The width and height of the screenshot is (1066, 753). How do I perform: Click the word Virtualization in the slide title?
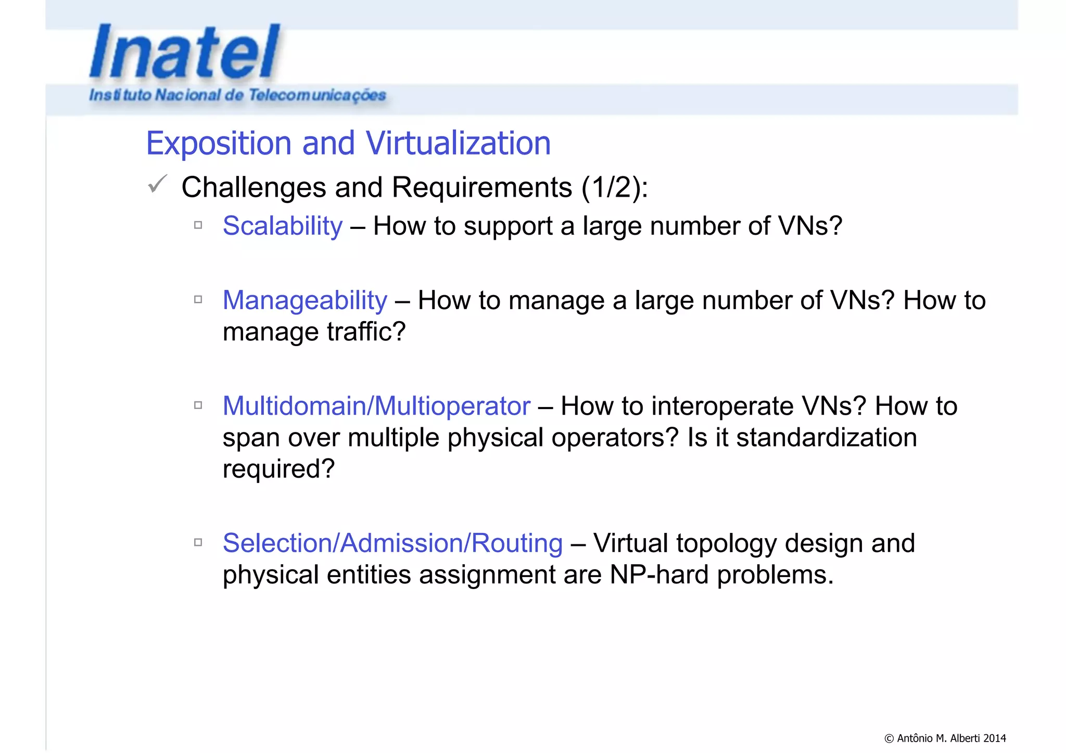point(458,143)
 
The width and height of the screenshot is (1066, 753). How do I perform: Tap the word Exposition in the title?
point(219,144)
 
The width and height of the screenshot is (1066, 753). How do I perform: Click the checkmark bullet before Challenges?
point(157,184)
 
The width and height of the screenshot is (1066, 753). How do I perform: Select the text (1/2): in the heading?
point(615,187)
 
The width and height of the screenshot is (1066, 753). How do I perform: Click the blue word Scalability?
point(283,226)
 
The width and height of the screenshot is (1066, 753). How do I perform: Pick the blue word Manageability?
point(305,301)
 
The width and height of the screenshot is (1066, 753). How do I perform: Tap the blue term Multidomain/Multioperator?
point(376,406)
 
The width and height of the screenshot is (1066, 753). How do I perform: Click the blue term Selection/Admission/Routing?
point(392,543)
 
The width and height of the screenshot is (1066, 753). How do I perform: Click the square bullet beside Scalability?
point(198,225)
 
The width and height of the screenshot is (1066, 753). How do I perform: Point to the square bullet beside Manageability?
point(198,300)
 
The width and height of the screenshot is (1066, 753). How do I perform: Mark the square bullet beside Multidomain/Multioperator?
point(198,405)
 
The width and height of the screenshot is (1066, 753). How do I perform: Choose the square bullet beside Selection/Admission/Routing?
point(198,542)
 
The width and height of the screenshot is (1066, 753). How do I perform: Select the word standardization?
point(826,438)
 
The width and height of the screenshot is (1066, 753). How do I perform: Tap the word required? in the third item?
point(278,469)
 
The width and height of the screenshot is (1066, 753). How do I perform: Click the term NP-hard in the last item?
point(659,575)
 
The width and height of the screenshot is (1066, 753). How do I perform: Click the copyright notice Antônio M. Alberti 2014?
point(945,738)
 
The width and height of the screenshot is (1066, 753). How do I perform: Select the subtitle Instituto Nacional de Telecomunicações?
point(237,95)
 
